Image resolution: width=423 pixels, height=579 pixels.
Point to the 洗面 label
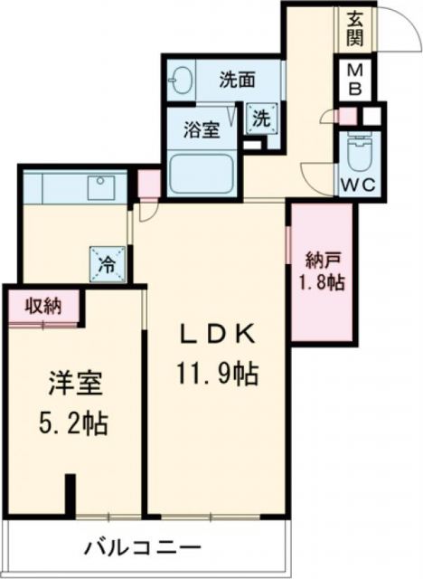(x=236, y=80)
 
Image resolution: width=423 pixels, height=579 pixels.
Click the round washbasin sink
(x=179, y=80)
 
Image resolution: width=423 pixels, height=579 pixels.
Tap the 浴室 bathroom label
(x=199, y=128)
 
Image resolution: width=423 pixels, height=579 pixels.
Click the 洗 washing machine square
(x=260, y=117)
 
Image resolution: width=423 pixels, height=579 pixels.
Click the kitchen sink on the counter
(x=97, y=187)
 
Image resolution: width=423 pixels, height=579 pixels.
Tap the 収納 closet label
(x=42, y=305)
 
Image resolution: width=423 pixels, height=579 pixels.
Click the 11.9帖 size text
(x=216, y=373)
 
